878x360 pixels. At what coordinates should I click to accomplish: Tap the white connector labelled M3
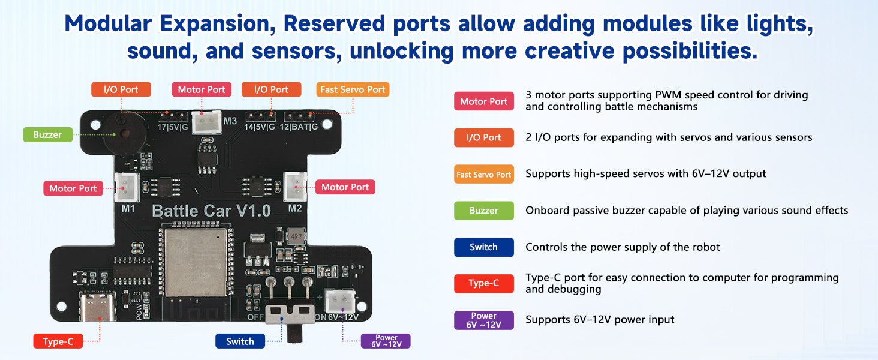[x=202, y=122]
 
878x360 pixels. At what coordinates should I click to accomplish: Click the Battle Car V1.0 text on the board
[x=211, y=211]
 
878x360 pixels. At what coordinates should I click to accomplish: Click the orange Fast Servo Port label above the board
[x=353, y=89]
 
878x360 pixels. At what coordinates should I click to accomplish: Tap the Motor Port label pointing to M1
[x=73, y=188]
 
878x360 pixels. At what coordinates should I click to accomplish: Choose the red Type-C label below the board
[x=58, y=341]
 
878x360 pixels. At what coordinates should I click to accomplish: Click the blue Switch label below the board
[x=240, y=341]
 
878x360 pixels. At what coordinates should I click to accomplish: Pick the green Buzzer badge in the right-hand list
[x=483, y=211]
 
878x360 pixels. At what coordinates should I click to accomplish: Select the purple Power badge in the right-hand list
[x=483, y=320]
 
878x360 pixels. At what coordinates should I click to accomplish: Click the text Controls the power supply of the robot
[x=623, y=247]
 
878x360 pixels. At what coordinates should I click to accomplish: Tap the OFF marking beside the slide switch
[x=256, y=317]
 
